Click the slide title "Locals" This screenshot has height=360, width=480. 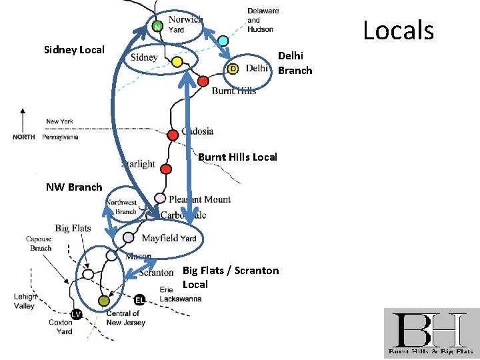[x=398, y=30]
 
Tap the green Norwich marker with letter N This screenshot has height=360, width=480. [x=157, y=27]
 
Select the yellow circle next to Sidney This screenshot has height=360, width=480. [x=177, y=62]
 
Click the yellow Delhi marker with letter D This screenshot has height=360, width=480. [x=233, y=69]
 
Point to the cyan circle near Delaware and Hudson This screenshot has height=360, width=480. [x=223, y=41]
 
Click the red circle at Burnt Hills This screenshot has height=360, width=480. [x=203, y=81]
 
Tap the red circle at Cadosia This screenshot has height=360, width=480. [x=173, y=135]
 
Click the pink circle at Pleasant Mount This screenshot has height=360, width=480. [x=160, y=198]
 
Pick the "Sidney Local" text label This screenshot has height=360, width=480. [x=74, y=50]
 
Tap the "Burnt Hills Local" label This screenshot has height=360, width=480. [x=237, y=157]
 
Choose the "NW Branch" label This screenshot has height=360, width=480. [x=74, y=187]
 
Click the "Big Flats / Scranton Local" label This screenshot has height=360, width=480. [x=230, y=277]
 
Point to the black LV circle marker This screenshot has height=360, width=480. [x=77, y=314]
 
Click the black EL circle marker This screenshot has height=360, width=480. [x=139, y=299]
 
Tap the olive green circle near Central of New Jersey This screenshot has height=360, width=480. [x=103, y=301]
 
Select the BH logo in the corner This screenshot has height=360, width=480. [x=431, y=333]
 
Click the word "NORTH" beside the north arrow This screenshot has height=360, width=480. [x=24, y=137]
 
